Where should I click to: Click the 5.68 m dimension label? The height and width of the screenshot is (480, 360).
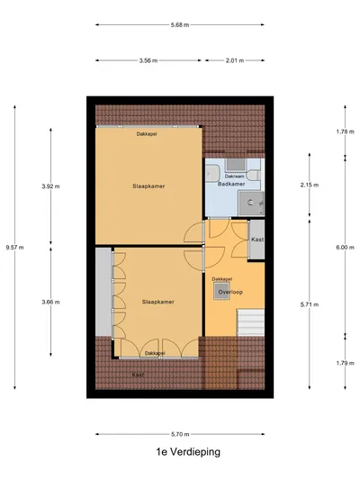tap(179, 25)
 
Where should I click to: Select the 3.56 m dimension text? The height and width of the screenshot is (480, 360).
tap(148, 60)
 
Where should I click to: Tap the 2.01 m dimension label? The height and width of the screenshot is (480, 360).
tap(235, 60)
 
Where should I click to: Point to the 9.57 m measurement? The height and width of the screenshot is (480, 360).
tap(14, 248)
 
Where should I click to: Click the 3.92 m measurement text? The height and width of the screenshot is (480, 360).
tap(50, 186)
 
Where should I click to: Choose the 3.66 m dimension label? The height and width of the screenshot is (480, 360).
tap(50, 302)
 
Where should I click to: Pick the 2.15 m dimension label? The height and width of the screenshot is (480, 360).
tap(310, 185)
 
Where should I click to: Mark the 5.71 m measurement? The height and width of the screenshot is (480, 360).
tap(310, 304)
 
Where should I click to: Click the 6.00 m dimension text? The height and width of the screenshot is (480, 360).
tap(345, 248)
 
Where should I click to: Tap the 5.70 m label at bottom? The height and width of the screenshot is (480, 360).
tap(180, 434)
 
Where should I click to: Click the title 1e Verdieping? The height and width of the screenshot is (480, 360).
tap(188, 452)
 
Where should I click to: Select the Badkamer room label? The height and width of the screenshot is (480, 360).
tap(231, 184)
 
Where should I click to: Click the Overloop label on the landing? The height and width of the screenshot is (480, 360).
tap(230, 292)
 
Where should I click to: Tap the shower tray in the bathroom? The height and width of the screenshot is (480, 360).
tap(251, 203)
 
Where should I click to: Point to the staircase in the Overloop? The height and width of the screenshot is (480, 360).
tap(251, 322)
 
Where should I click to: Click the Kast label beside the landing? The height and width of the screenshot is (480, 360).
tap(257, 240)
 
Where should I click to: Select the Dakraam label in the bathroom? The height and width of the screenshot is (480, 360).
tap(235, 177)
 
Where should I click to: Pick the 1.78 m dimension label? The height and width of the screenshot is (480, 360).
tap(346, 131)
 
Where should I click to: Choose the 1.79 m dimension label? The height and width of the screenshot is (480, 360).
tap(346, 363)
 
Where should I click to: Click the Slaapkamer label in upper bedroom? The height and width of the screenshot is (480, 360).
tap(148, 186)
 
